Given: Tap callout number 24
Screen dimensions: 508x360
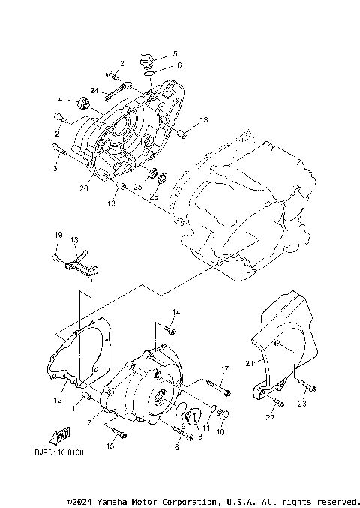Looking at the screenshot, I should [x=95, y=91].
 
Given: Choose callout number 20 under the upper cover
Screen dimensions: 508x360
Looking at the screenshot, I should [x=83, y=189].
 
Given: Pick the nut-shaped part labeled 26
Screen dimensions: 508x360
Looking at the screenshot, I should [x=160, y=179].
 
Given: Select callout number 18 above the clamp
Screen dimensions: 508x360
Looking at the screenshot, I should [x=74, y=240].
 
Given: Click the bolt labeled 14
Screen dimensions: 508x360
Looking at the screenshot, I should [x=170, y=328].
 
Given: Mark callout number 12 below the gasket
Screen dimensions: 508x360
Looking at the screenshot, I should [x=56, y=401].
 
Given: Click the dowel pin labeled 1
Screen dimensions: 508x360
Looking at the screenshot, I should [x=86, y=395].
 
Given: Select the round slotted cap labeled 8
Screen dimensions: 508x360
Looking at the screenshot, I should [x=193, y=416].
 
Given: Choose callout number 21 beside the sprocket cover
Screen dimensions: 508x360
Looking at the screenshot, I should [x=249, y=364].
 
